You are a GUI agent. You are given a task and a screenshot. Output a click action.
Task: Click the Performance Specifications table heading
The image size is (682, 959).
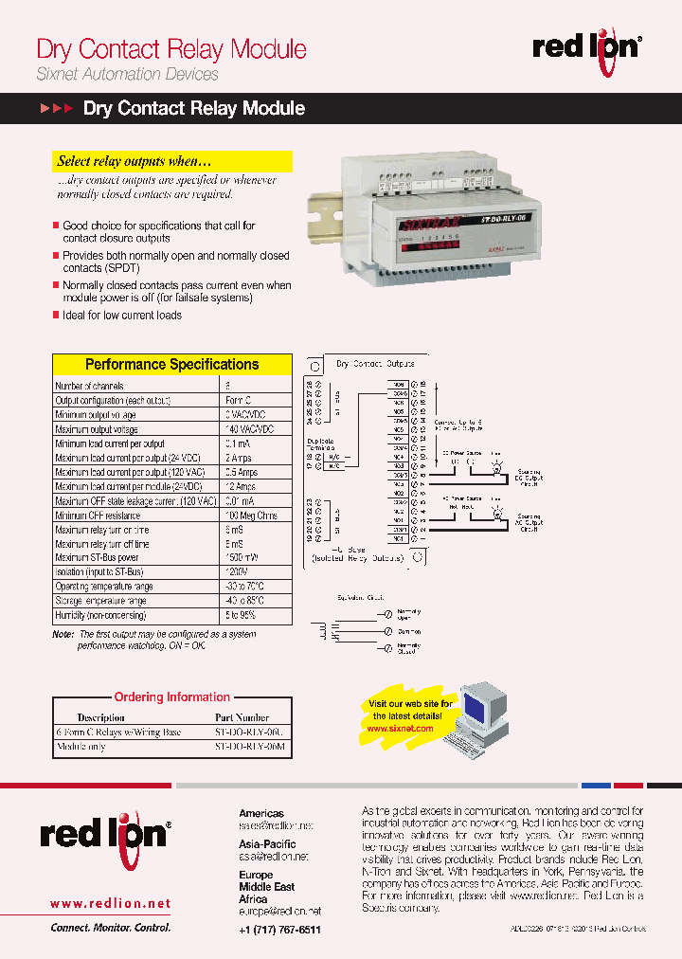point(171,364)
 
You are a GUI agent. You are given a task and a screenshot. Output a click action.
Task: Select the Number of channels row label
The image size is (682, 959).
point(89,386)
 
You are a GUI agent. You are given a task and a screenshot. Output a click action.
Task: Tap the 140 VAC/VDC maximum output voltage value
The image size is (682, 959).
point(250,430)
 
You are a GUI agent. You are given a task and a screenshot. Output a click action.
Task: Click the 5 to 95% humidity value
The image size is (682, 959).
point(241,616)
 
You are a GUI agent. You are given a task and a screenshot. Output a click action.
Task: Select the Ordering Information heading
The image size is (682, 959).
point(171,697)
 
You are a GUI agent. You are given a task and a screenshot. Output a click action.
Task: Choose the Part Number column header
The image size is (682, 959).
point(242,718)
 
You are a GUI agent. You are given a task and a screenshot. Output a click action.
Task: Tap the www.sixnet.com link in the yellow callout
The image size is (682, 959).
point(409,729)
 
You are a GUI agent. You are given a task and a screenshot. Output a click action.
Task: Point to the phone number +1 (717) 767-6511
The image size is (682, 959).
point(279,931)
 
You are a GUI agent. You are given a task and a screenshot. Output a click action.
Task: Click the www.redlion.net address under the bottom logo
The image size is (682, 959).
point(110,904)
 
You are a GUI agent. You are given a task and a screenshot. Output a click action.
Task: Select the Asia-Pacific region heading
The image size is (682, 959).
point(266,843)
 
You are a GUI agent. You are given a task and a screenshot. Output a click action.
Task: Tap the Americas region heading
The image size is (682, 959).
point(260,813)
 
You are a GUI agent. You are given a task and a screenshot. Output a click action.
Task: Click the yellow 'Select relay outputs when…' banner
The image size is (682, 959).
point(171,161)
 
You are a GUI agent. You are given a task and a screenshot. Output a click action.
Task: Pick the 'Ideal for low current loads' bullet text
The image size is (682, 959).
point(122,316)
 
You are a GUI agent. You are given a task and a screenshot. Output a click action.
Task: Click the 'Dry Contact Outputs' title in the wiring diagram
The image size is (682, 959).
point(375,364)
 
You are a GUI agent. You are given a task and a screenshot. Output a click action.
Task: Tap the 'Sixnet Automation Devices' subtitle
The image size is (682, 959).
point(127,74)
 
